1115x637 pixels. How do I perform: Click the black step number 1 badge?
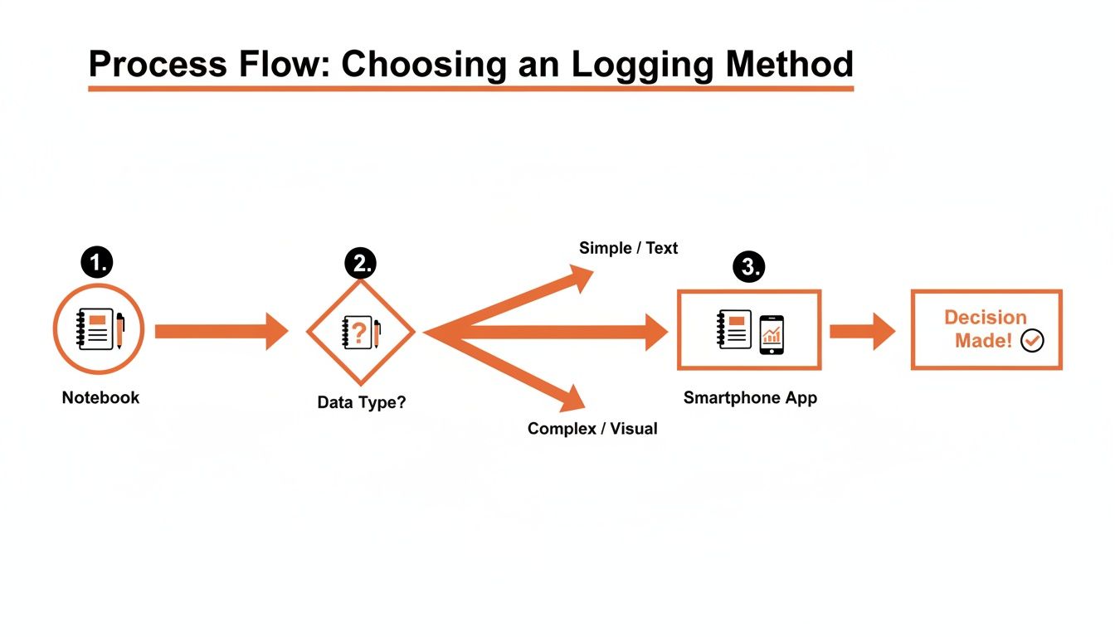coord(97,263)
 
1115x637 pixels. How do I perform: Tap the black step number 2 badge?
coord(361,263)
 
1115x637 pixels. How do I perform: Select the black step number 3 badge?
coord(748,266)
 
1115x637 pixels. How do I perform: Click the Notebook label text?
coord(100,397)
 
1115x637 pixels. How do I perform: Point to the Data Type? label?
coord(362,403)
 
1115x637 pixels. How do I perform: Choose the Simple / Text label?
coord(628,248)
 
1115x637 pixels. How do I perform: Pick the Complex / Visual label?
coord(592,429)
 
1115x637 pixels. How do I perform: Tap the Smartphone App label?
coord(750,398)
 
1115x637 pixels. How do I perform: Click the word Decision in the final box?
coord(985,318)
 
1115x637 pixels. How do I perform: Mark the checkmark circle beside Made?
coord(1032,340)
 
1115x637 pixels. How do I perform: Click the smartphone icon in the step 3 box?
coord(772,334)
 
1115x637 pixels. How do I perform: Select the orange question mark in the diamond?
coord(358,333)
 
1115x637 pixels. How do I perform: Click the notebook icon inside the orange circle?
coord(95,329)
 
